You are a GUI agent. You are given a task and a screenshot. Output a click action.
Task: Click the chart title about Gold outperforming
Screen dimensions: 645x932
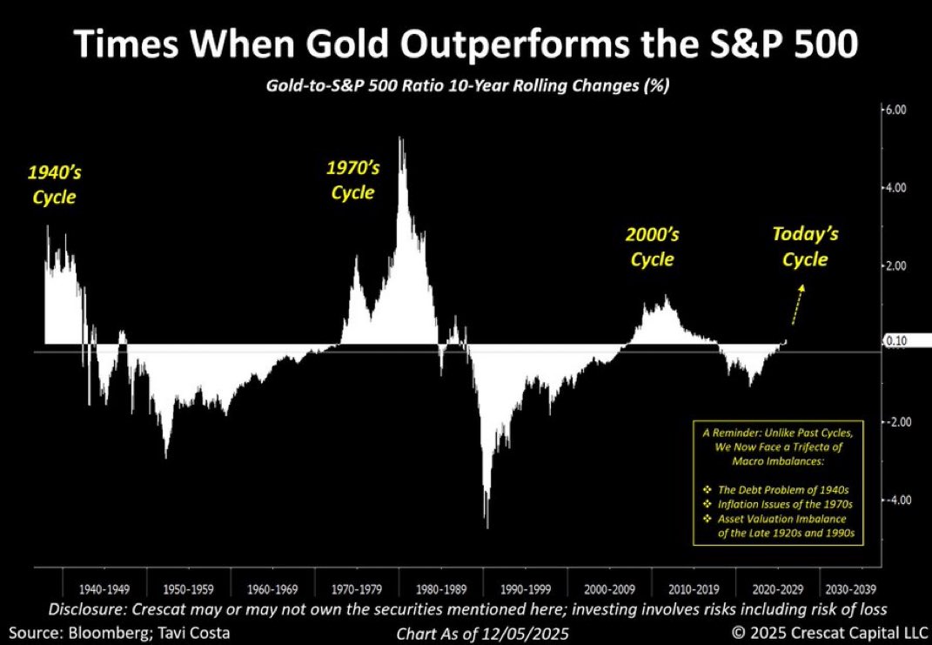pos(466,44)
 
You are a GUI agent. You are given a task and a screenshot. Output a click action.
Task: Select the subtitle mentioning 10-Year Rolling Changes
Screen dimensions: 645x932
pos(466,88)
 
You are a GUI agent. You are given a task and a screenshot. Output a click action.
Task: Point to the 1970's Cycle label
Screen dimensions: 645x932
pos(352,179)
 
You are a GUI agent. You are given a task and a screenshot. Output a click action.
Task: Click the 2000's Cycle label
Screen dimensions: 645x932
pos(652,246)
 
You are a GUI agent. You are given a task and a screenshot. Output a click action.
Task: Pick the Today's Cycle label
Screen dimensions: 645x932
pos(805,246)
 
